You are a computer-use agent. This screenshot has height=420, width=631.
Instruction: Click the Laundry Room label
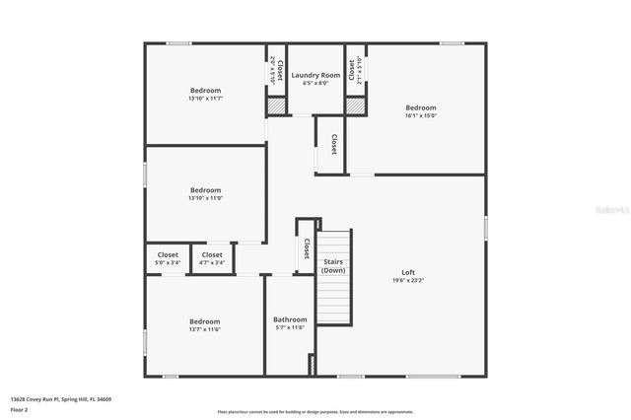click(x=315, y=75)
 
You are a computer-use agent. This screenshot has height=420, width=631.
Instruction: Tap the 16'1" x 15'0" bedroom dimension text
click(x=421, y=115)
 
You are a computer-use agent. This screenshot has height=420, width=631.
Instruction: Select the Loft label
click(x=408, y=272)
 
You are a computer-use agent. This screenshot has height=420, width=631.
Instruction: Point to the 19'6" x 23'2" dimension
click(x=408, y=281)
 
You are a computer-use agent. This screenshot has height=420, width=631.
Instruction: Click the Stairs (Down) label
click(x=333, y=266)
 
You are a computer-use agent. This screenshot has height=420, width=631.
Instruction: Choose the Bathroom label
click(x=290, y=319)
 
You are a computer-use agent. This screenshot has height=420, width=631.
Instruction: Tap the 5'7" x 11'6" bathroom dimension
click(x=290, y=327)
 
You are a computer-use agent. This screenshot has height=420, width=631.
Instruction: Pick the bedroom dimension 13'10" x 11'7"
click(x=205, y=99)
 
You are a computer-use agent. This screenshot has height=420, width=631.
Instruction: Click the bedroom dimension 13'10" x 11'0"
click(x=205, y=198)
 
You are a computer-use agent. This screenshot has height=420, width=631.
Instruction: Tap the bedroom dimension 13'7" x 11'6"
click(x=205, y=329)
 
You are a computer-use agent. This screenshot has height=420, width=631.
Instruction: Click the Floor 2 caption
click(x=21, y=409)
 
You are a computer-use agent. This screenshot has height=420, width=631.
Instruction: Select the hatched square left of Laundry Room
click(x=277, y=105)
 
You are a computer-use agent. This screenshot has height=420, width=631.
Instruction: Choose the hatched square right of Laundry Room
click(x=355, y=105)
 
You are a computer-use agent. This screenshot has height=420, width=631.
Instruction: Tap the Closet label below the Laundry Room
click(x=333, y=144)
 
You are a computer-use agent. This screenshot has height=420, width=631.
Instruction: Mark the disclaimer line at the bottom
click(x=315, y=412)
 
